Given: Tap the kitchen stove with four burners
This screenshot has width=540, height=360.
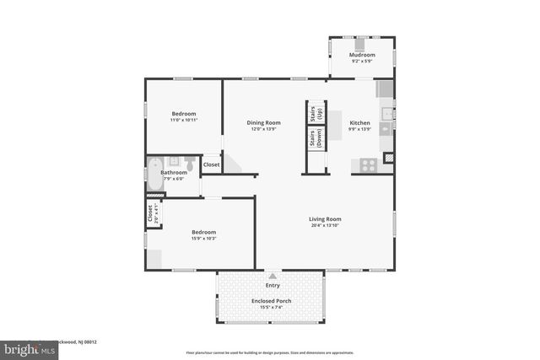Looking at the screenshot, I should (x=369, y=165).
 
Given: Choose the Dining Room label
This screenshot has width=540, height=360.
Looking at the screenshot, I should (x=264, y=122).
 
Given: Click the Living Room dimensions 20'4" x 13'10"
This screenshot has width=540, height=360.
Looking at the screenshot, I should (x=325, y=225).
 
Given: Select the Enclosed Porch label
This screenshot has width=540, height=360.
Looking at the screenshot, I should (x=271, y=301).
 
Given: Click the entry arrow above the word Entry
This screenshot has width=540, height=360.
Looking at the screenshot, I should (x=272, y=275).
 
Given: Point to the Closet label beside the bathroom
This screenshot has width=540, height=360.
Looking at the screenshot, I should (x=211, y=164).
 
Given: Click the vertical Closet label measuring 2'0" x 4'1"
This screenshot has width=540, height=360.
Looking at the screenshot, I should (x=151, y=215).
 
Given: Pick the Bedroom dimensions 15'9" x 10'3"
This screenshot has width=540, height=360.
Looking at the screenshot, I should (x=203, y=239).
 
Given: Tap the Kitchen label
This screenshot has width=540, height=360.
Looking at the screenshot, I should (x=359, y=122).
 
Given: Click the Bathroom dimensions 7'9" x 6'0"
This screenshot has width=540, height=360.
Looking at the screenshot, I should (x=174, y=179).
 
